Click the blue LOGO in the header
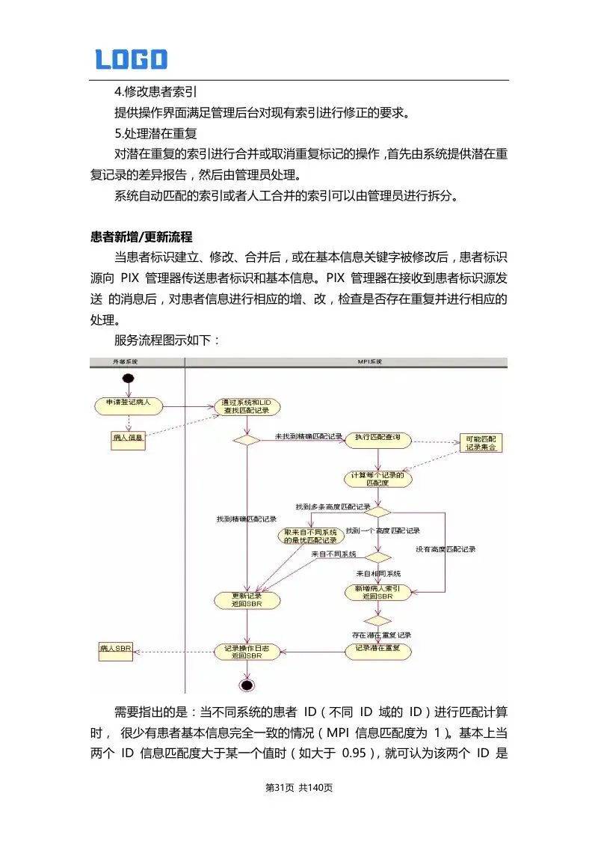click(x=131, y=59)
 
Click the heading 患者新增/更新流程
click(x=141, y=237)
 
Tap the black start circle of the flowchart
click(x=129, y=378)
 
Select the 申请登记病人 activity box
click(x=129, y=405)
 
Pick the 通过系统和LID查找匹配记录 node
click(x=247, y=406)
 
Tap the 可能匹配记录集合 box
click(x=480, y=443)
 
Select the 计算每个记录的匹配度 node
click(x=378, y=479)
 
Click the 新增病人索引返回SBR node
click(x=377, y=593)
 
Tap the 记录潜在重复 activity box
click(x=378, y=649)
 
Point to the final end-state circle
click(x=247, y=685)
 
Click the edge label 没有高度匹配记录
click(x=446, y=548)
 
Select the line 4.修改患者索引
click(x=155, y=92)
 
